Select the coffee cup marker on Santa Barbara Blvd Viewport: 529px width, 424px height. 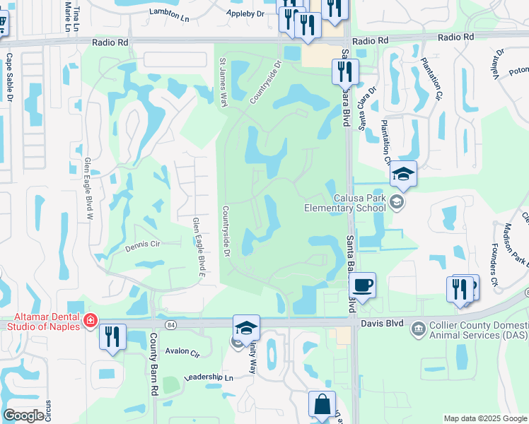click(x=362, y=285)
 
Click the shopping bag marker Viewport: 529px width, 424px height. click(x=322, y=405)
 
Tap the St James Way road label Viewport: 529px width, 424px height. click(x=223, y=83)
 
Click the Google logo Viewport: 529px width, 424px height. click(x=23, y=416)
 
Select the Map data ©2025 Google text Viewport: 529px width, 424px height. click(x=484, y=418)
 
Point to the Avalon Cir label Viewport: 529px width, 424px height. click(x=178, y=351)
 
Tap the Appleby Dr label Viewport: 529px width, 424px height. click(x=245, y=13)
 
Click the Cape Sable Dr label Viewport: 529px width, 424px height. click(x=9, y=77)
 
